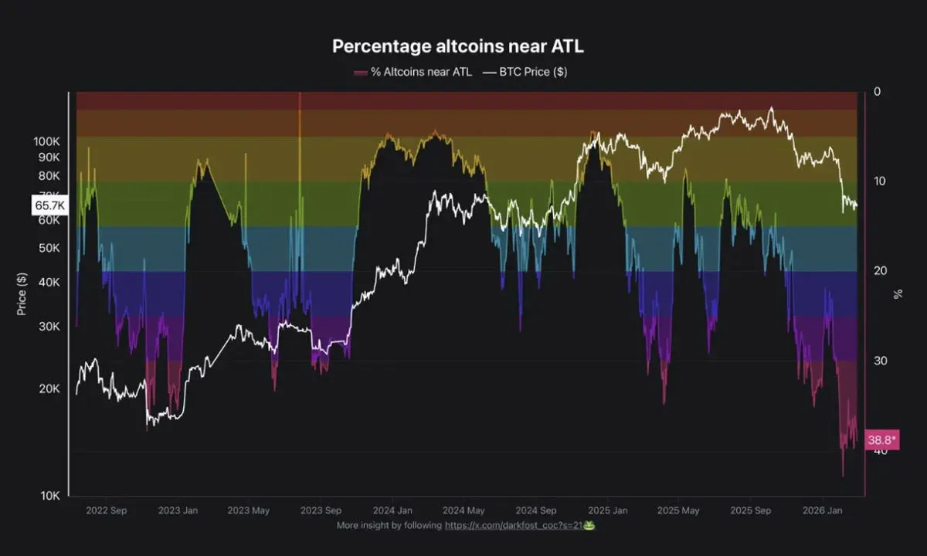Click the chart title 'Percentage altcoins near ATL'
pyautogui.click(x=458, y=46)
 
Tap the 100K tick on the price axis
pyautogui.click(x=46, y=142)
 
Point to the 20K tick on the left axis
pyautogui.click(x=49, y=389)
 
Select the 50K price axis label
pyautogui.click(x=49, y=248)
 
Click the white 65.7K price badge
pyautogui.click(x=49, y=205)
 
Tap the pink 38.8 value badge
pyautogui.click(x=881, y=440)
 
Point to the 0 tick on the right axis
pyautogui.click(x=877, y=92)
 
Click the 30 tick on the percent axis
pyautogui.click(x=879, y=361)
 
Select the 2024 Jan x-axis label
pyautogui.click(x=393, y=510)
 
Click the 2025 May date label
pyautogui.click(x=679, y=510)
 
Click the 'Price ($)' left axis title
pyautogui.click(x=22, y=294)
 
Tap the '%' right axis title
pyautogui.click(x=898, y=294)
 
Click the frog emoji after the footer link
pyautogui.click(x=589, y=525)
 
